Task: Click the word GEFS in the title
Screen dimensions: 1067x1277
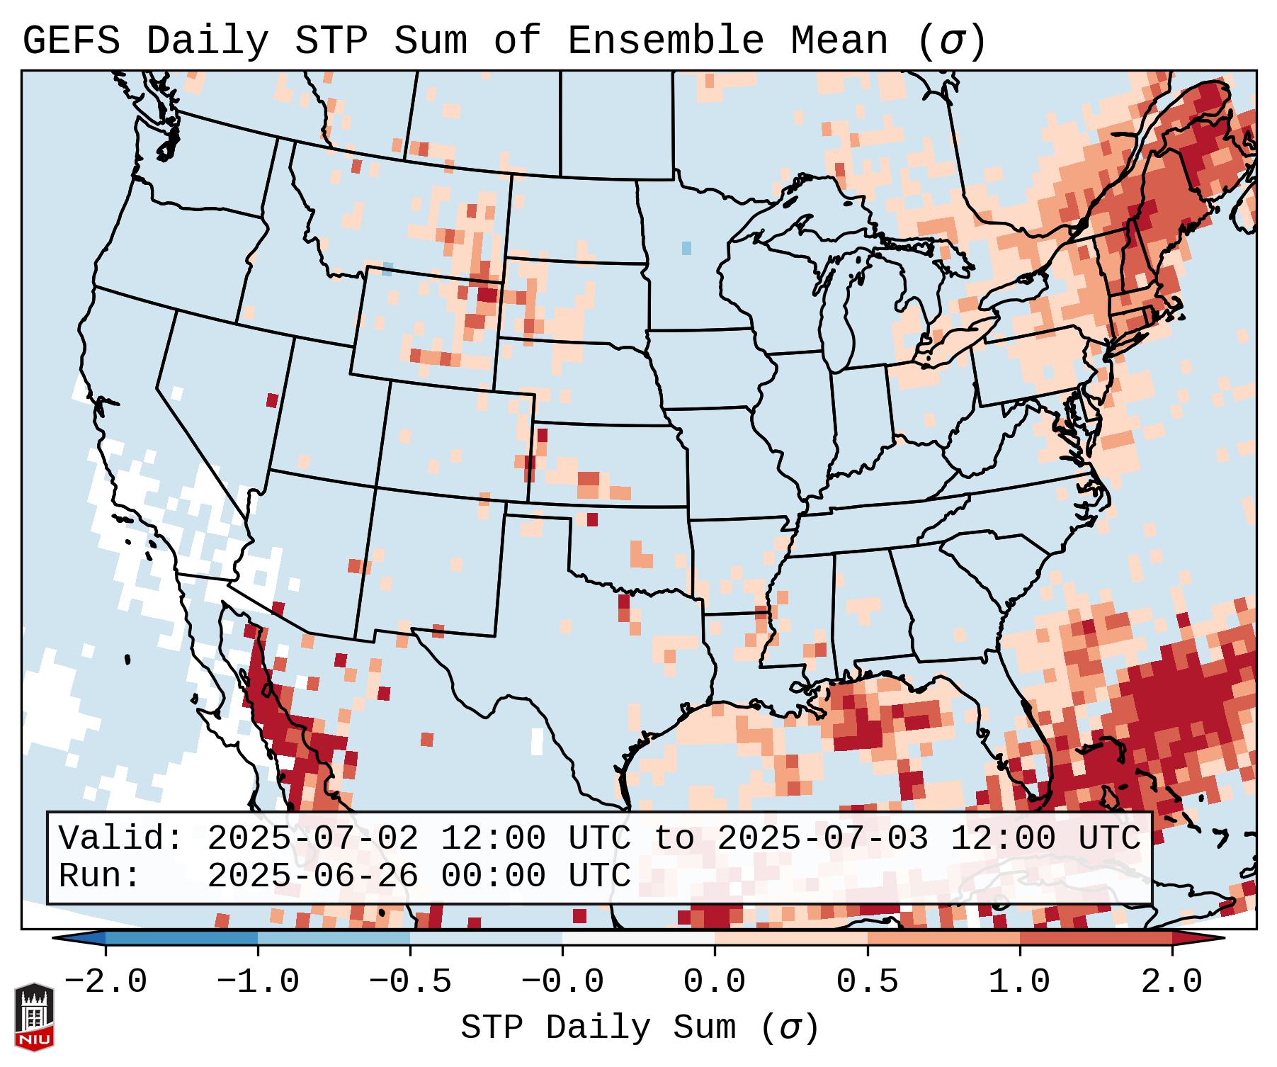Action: click(x=72, y=41)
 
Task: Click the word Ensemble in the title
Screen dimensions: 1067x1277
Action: click(x=665, y=41)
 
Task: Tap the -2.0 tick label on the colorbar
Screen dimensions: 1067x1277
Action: click(x=106, y=982)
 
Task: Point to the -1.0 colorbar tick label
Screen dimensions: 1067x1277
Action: click(x=258, y=982)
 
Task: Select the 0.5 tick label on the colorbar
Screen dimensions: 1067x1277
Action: click(x=868, y=982)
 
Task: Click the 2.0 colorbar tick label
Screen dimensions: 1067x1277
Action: click(x=1172, y=982)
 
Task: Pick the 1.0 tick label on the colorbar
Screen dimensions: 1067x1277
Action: click(x=1020, y=982)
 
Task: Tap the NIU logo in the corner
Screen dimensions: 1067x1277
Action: click(x=34, y=1017)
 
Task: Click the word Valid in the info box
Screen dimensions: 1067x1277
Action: click(x=120, y=839)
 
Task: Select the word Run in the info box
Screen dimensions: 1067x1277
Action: click(x=99, y=876)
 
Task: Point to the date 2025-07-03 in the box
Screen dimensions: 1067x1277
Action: click(x=822, y=839)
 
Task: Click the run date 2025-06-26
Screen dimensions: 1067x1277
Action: click(x=312, y=876)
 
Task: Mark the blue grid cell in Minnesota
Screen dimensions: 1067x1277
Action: click(x=686, y=248)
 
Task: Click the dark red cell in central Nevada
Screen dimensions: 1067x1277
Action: click(x=272, y=400)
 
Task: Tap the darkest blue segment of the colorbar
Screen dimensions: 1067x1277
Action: click(x=181, y=938)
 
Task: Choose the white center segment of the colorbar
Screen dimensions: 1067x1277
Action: click(x=638, y=938)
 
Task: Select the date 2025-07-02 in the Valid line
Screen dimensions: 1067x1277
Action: click(x=312, y=839)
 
